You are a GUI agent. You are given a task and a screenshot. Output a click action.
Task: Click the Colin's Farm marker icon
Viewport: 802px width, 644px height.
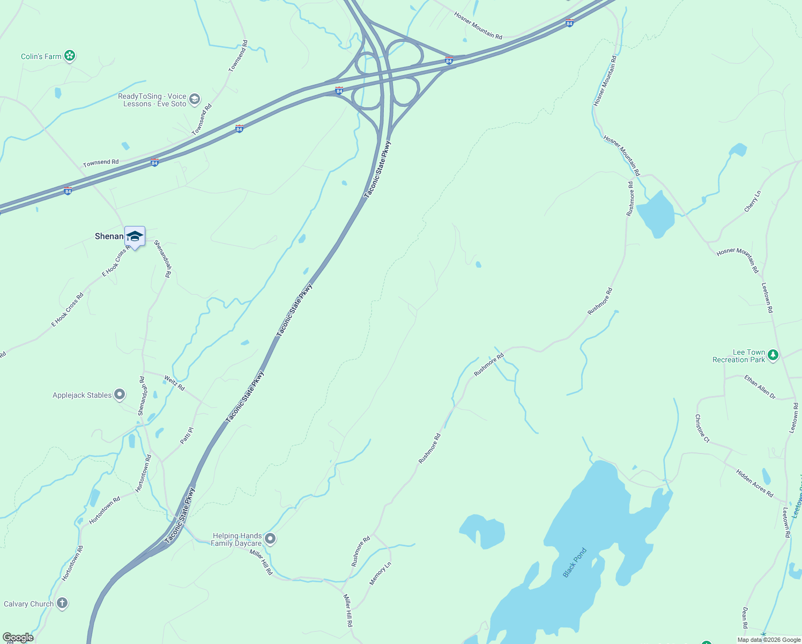click(x=69, y=56)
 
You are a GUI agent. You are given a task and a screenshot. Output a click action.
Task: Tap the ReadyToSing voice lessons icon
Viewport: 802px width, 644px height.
click(x=195, y=99)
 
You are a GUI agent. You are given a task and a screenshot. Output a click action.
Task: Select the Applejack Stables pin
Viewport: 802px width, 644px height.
click(x=120, y=395)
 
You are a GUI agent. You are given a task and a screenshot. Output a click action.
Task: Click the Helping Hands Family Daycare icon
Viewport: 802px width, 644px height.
click(x=270, y=538)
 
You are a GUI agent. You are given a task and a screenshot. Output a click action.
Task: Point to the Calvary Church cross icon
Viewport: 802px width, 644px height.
click(x=62, y=603)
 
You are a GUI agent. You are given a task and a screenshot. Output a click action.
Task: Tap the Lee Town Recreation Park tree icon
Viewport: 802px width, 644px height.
click(x=773, y=355)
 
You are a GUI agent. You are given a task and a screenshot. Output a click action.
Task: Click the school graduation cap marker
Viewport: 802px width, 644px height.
click(x=135, y=236)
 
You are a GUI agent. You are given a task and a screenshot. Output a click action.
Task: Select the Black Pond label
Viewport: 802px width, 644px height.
click(x=575, y=562)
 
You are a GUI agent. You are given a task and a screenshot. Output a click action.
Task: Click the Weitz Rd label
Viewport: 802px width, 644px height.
click(x=174, y=383)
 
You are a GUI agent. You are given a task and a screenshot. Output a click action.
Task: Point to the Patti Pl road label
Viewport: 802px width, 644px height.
click(x=187, y=435)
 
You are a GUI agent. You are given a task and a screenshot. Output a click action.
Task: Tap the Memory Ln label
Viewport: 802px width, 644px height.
click(x=380, y=574)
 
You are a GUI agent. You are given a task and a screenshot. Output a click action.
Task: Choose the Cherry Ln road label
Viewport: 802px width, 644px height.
click(x=753, y=201)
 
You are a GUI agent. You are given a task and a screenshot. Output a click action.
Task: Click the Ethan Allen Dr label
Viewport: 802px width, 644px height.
click(x=760, y=387)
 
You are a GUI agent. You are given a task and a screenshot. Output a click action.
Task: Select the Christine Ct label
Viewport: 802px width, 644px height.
click(x=702, y=428)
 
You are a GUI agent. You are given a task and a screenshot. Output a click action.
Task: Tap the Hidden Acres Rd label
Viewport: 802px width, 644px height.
click(x=755, y=483)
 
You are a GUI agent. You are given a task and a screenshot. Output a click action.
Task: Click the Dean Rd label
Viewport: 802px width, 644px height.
click(x=745, y=618)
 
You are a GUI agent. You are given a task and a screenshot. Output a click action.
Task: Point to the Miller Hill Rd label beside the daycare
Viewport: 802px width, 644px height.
click(x=261, y=562)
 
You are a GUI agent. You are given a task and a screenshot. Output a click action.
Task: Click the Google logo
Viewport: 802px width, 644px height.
click(x=18, y=638)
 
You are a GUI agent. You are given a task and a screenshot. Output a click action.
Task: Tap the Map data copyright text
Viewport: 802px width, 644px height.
click(x=769, y=640)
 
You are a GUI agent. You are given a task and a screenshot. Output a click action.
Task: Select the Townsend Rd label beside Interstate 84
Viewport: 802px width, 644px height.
click(x=101, y=162)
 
